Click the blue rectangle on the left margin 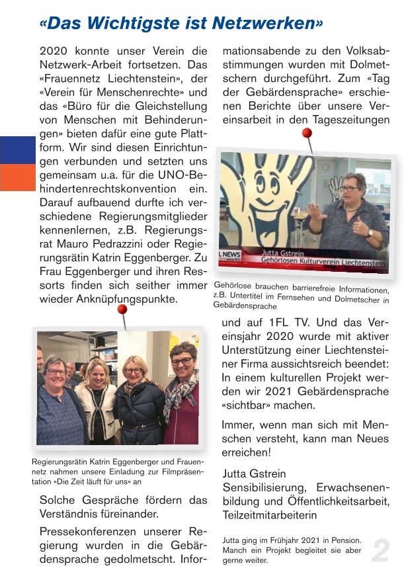click(x=17, y=150)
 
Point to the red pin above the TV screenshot click(x=306, y=134)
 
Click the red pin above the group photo click(x=122, y=309)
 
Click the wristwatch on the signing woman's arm click(x=368, y=233)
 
